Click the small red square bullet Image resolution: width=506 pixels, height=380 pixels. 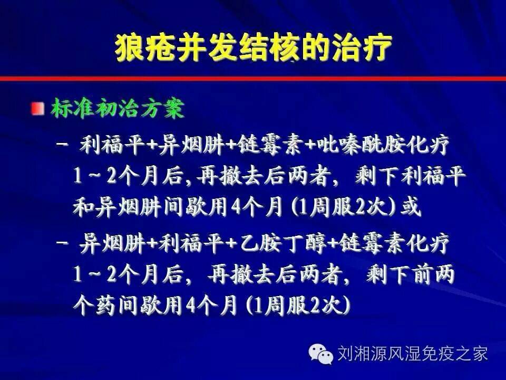38,109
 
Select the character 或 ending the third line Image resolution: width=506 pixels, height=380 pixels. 411,206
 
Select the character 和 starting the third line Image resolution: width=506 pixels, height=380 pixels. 83,206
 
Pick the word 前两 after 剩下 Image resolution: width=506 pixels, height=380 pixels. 434,274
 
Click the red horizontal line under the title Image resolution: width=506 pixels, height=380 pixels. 253,79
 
